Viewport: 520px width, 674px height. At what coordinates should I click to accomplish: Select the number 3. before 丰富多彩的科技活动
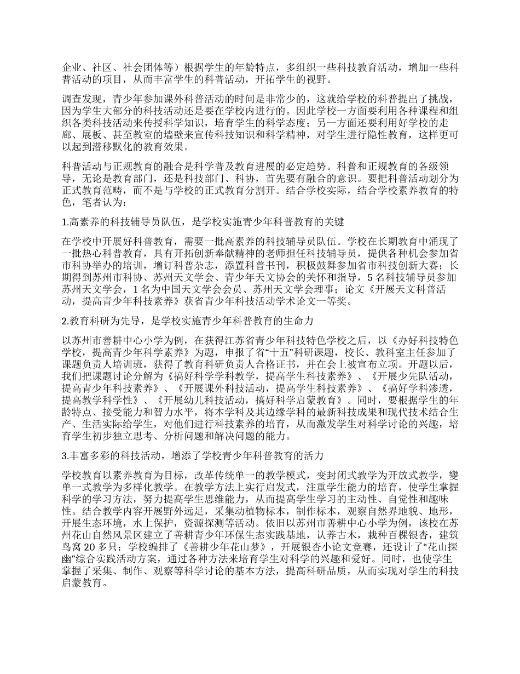pos(65,455)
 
